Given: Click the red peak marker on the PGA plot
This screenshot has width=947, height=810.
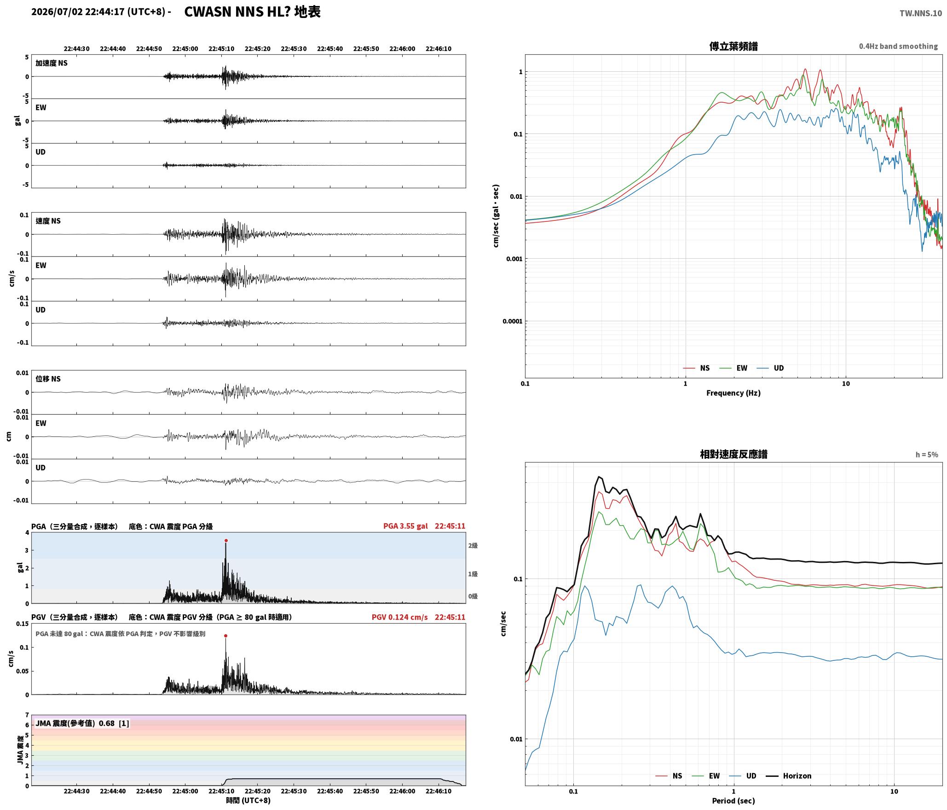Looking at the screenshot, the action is tap(226, 541).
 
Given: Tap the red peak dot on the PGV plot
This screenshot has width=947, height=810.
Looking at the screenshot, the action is tap(225, 636).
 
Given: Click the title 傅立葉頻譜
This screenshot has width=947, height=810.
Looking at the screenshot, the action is tap(733, 46).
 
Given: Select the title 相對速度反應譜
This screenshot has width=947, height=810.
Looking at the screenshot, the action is tap(733, 454).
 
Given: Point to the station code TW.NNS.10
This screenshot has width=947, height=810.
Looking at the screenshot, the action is tap(921, 13).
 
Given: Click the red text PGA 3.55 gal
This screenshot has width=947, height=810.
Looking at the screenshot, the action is tap(405, 526).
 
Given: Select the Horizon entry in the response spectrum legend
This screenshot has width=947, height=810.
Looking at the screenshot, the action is tap(788, 776).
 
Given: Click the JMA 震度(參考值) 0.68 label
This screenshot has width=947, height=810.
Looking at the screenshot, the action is tap(82, 723).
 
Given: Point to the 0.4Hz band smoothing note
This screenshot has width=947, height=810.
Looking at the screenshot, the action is tap(898, 46).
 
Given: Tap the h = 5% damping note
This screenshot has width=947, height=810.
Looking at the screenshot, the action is tap(927, 455).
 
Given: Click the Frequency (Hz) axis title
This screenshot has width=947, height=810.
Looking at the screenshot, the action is tap(733, 393).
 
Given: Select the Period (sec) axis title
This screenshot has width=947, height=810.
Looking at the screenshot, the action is tap(733, 801).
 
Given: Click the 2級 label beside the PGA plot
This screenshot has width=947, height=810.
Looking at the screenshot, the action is tap(473, 546).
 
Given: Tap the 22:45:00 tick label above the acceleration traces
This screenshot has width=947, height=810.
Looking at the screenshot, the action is tap(185, 49).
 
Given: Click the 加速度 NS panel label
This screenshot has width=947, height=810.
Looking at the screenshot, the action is tap(52, 63).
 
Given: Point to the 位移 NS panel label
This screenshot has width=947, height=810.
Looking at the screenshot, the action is tap(48, 379).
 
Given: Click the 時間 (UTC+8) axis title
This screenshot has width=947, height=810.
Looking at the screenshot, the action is tap(248, 800).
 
